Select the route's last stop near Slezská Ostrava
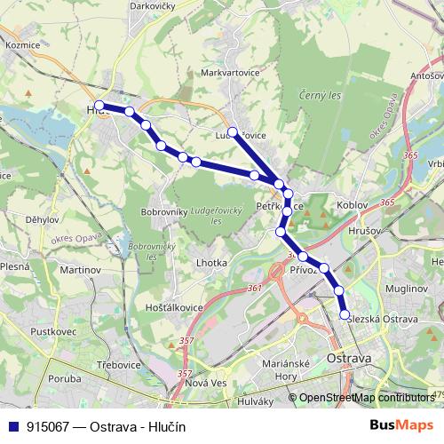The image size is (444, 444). tap(345, 314)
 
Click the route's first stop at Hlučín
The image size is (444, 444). tap(99, 106)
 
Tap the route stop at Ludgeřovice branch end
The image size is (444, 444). tap(233, 132)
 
